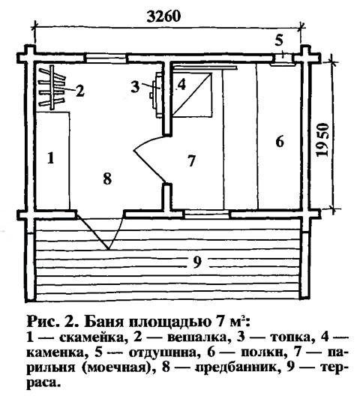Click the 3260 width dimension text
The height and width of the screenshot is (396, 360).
(163, 16)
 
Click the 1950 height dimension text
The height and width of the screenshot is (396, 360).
(323, 140)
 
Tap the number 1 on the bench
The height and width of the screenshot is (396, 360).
(51, 158)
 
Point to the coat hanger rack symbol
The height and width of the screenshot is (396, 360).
(52, 88)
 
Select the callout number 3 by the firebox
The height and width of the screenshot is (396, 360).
(135, 87)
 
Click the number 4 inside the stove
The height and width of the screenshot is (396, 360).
(181, 85)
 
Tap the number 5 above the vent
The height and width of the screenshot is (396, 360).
(279, 40)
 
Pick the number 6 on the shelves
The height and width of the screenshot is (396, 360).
(280, 142)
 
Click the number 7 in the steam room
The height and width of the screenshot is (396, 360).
(191, 160)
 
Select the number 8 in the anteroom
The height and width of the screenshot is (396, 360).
(107, 179)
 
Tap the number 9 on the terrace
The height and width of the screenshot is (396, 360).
(197, 262)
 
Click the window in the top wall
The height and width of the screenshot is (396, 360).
(105, 58)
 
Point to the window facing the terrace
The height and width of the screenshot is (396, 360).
(207, 214)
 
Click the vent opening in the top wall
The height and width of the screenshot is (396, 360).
(283, 58)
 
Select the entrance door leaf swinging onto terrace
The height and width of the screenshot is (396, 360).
(93, 232)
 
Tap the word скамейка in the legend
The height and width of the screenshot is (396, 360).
(93, 337)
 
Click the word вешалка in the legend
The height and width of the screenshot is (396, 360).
(197, 337)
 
